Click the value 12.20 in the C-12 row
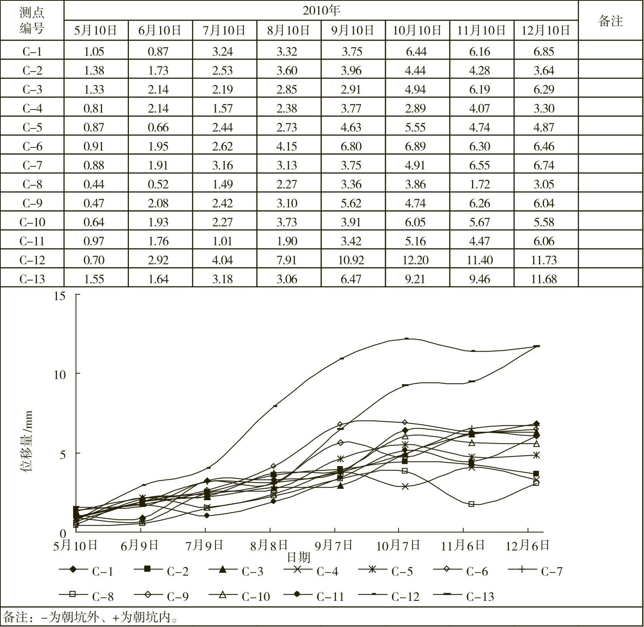click(415, 260)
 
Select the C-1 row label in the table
click(32, 51)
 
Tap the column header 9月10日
click(352, 30)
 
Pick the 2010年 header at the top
click(321, 10)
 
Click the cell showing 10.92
click(351, 260)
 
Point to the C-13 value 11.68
click(544, 279)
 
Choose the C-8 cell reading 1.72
click(479, 184)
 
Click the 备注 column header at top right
click(610, 21)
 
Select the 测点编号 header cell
click(32, 20)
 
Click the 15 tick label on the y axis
click(60, 296)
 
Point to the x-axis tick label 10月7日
click(398, 546)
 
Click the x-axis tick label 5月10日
click(75, 546)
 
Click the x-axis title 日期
click(299, 557)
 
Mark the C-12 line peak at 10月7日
click(407, 338)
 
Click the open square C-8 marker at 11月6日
click(471, 504)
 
